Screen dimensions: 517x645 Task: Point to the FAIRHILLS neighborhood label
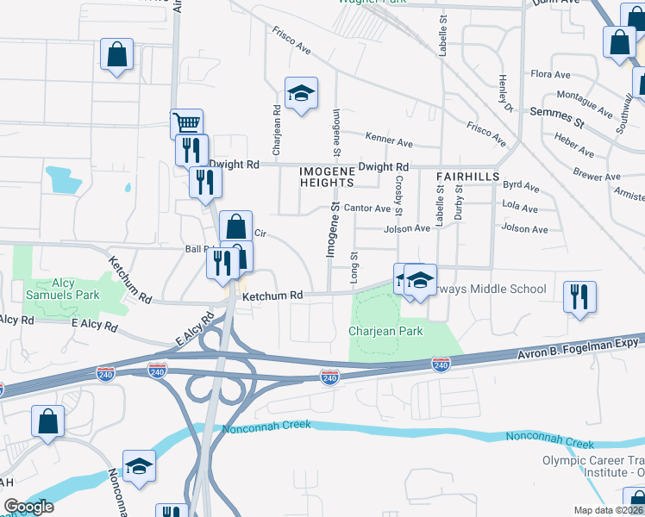tap(468, 176)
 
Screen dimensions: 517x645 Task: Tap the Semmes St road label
tap(557, 117)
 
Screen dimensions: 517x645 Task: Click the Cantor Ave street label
tap(367, 209)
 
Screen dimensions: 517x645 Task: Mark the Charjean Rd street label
tap(277, 130)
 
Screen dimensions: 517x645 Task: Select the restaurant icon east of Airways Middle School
tap(579, 296)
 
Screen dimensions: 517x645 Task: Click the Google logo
tap(28, 507)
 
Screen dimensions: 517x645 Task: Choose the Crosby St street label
tap(398, 198)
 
